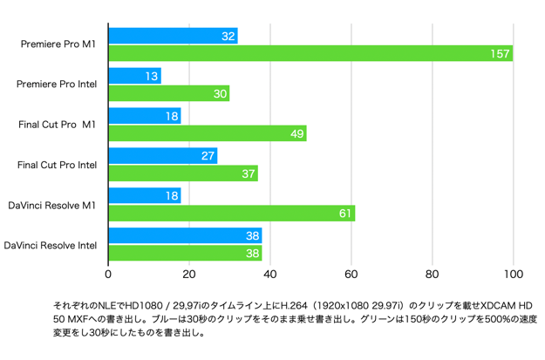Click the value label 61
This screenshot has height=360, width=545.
344,214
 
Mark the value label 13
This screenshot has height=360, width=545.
152,76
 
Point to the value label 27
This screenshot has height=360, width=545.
208,156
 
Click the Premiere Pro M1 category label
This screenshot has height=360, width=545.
58,44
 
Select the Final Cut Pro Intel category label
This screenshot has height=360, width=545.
58,165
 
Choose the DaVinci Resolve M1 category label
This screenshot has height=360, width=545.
52,205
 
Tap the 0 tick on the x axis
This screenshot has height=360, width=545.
108,275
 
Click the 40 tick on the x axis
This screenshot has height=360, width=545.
270,275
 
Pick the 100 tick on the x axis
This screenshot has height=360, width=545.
513,275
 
